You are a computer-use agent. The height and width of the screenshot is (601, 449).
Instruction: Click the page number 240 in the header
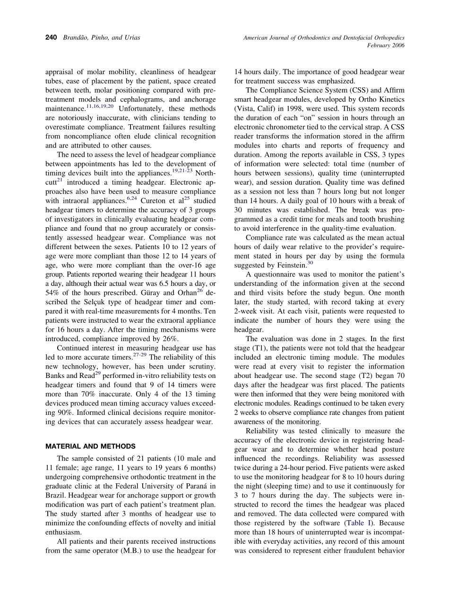[x=51, y=37]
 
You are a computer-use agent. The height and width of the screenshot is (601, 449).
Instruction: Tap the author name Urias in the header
[x=131, y=37]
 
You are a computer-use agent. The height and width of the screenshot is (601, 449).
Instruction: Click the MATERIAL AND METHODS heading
[x=90, y=446]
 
